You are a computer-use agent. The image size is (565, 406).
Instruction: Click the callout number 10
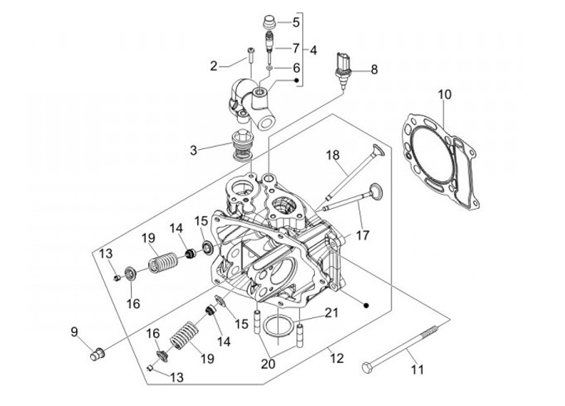(x=445, y=95)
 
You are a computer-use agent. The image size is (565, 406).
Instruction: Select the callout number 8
(x=374, y=69)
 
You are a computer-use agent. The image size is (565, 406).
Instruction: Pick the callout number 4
(x=313, y=49)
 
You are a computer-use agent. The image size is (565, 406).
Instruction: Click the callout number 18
(x=333, y=155)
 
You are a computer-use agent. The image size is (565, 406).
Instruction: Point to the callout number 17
(x=363, y=233)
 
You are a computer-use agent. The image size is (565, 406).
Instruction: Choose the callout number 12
(x=338, y=360)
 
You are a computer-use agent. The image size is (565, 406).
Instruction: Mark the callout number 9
(x=75, y=331)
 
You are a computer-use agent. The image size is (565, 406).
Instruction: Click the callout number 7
(x=296, y=47)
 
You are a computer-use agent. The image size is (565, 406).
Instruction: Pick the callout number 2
(x=213, y=66)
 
